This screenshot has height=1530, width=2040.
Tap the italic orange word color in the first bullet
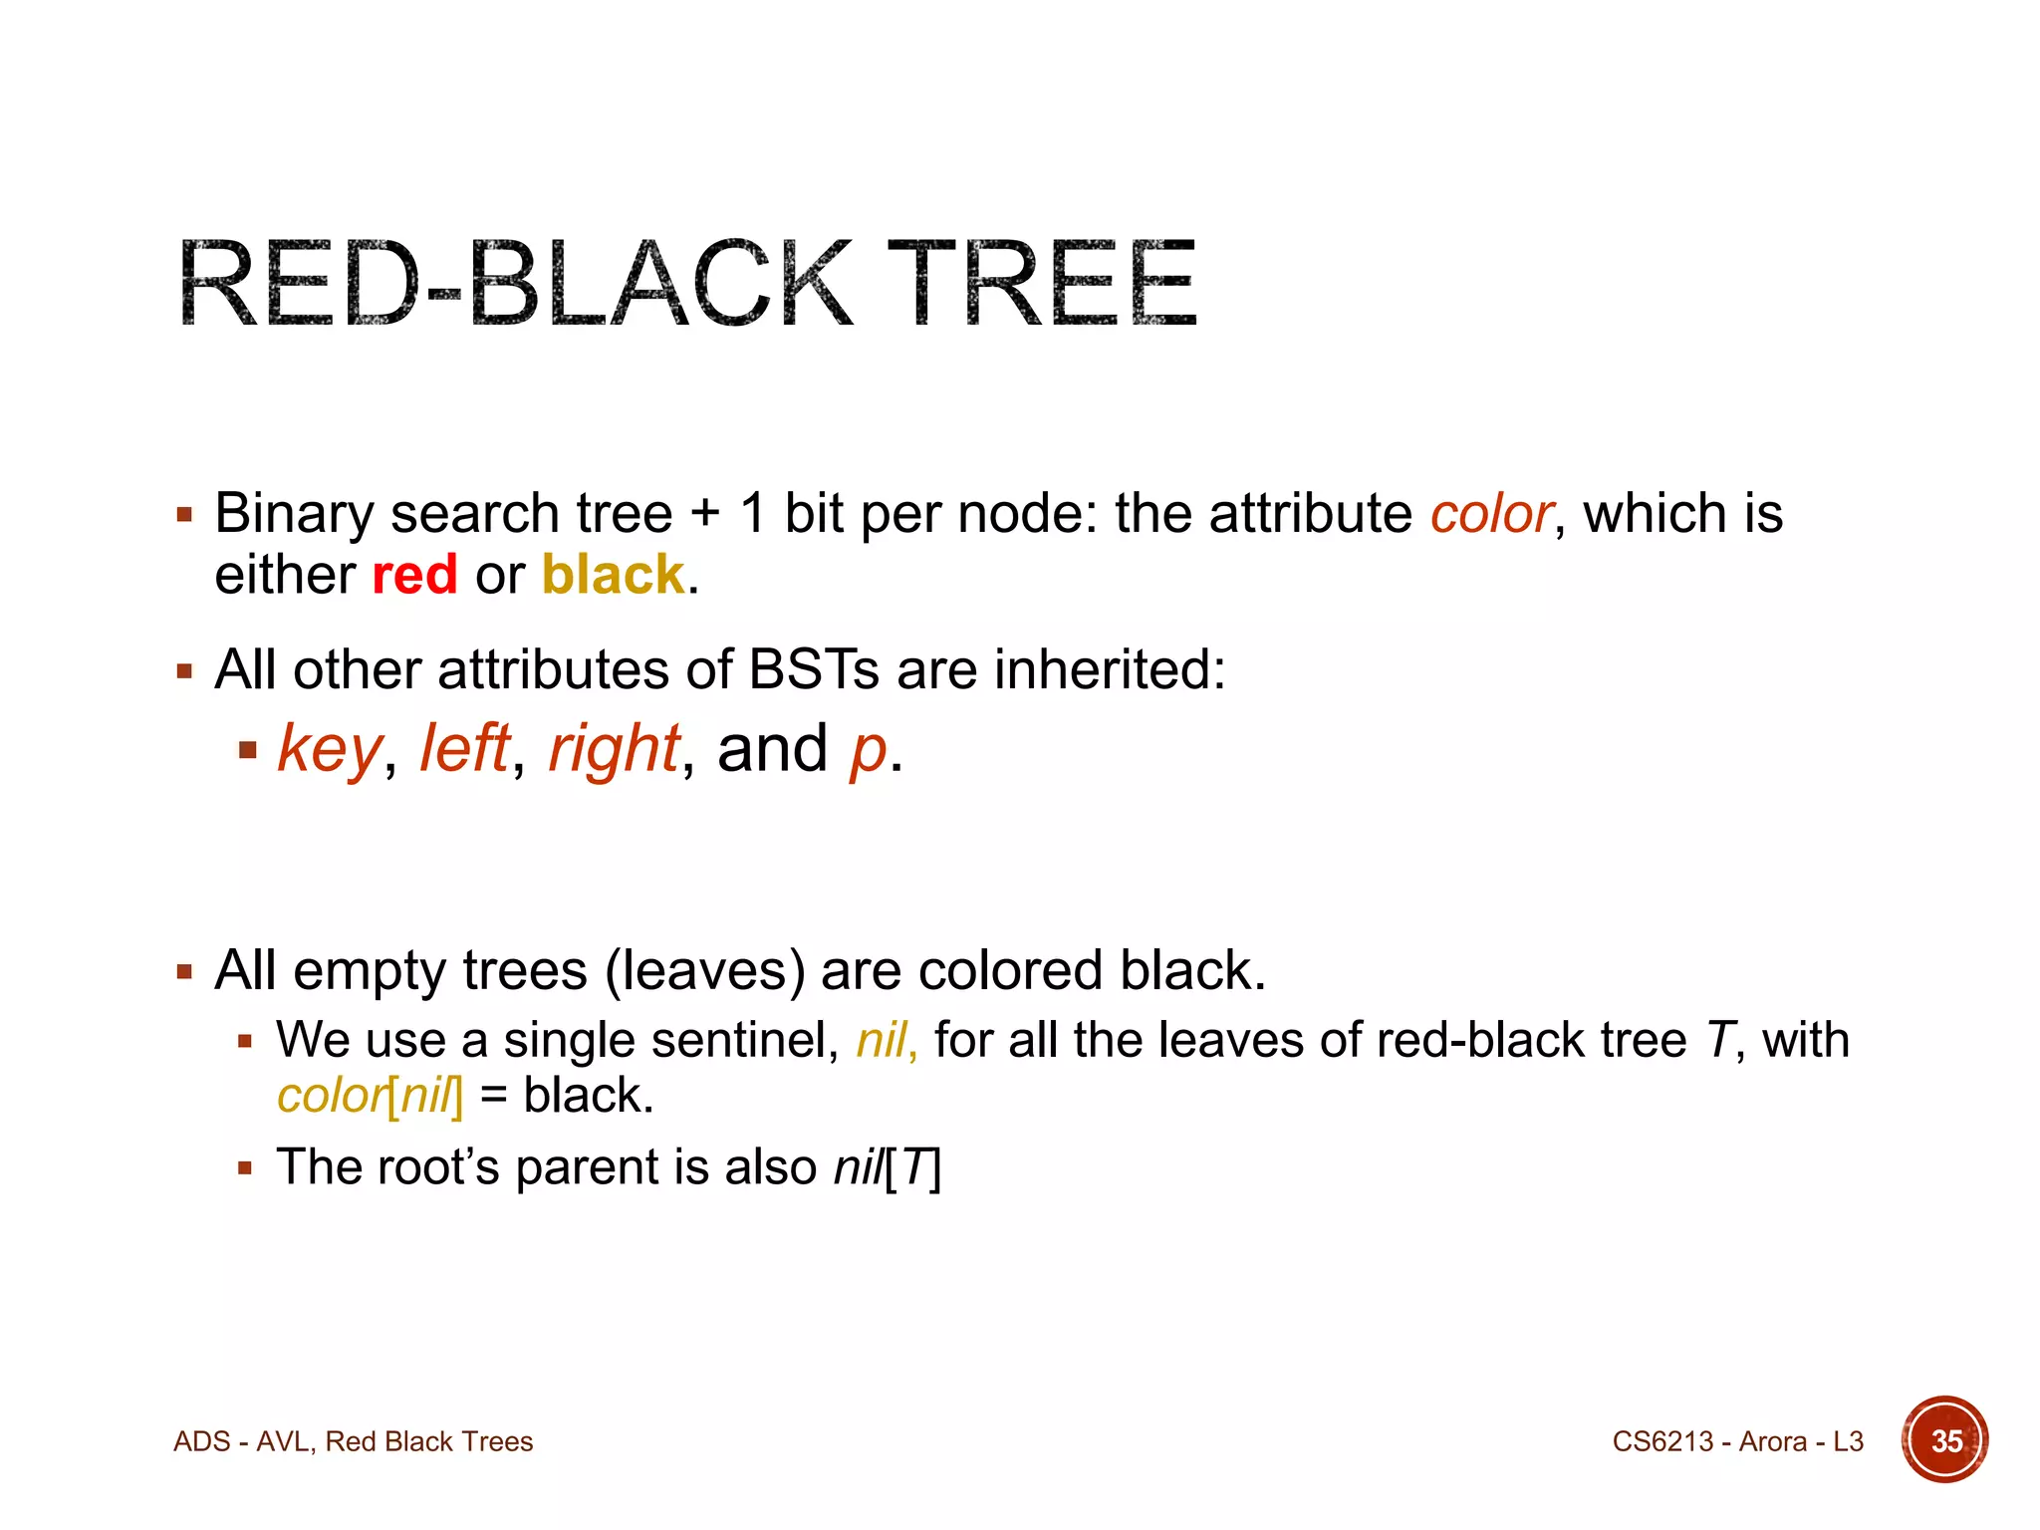point(1491,514)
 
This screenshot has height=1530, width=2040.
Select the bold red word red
point(414,575)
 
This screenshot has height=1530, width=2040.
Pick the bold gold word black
point(613,575)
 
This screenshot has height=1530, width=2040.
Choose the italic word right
point(614,749)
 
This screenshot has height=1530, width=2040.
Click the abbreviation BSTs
point(813,668)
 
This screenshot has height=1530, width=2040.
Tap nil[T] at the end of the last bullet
point(887,1166)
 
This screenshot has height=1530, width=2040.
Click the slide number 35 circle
point(1945,1440)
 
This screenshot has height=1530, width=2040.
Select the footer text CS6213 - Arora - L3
point(1737,1441)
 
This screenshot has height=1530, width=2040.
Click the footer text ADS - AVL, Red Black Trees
point(354,1441)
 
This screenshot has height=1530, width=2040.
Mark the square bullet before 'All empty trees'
point(184,971)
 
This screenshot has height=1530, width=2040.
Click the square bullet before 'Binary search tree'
point(184,515)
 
